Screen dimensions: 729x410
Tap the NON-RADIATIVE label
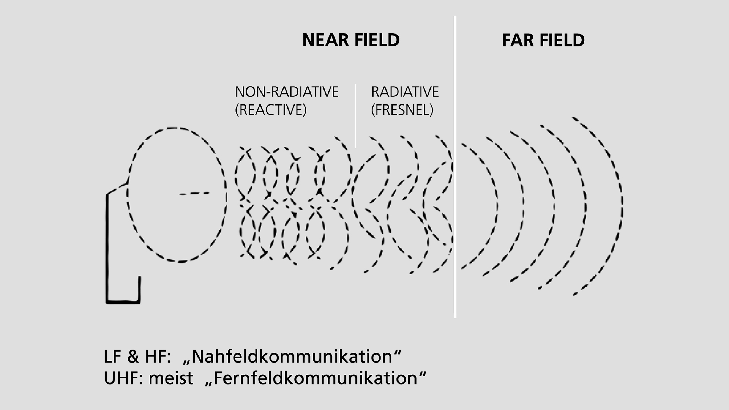(287, 92)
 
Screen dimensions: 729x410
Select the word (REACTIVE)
(271, 110)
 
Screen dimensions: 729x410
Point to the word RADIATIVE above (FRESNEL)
(405, 92)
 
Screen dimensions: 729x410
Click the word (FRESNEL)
(402, 110)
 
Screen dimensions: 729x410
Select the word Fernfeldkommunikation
(316, 378)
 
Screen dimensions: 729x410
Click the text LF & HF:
(137, 356)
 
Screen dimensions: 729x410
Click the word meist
(171, 378)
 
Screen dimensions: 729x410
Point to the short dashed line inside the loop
(194, 194)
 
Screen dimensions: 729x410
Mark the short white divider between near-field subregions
(355, 116)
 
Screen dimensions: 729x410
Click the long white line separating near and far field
(455, 167)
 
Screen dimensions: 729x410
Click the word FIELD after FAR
(562, 40)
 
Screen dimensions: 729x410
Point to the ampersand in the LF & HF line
(133, 357)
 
